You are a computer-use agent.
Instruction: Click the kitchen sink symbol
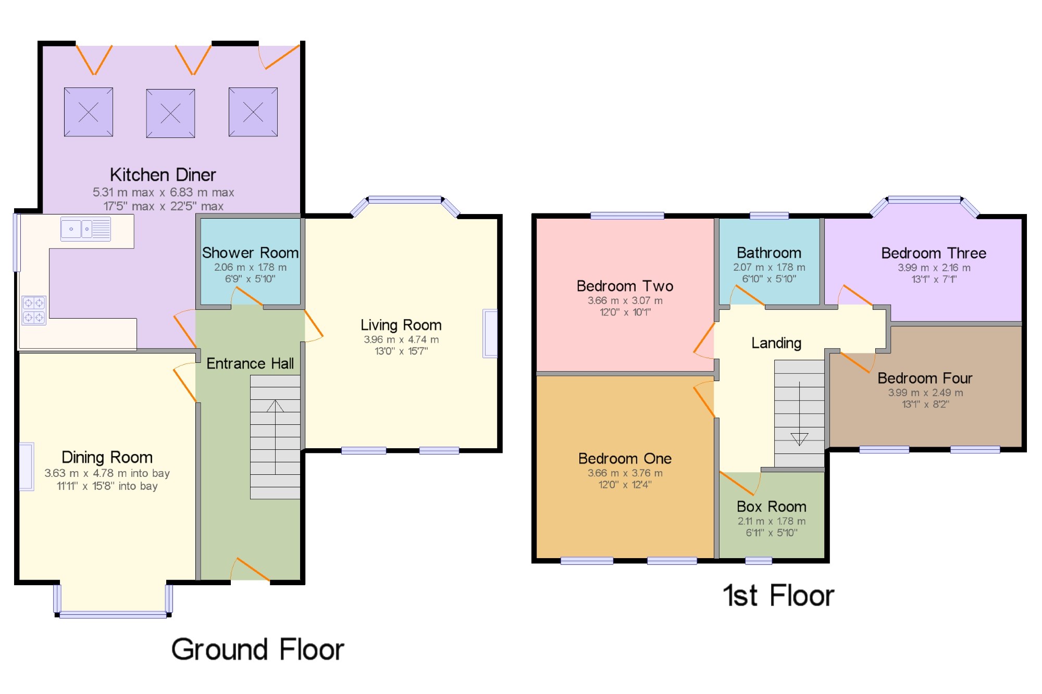86,229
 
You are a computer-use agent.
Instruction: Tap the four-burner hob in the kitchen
34,310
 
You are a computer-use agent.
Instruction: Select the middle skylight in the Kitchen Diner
170,113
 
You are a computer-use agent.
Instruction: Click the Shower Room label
250,253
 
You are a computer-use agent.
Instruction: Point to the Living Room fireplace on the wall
490,333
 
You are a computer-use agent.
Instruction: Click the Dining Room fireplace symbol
27,466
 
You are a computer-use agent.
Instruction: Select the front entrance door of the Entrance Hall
250,569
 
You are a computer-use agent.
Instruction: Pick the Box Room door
739,483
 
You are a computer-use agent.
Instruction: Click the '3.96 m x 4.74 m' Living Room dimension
401,339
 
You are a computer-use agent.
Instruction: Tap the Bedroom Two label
625,286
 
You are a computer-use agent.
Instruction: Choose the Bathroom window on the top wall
769,216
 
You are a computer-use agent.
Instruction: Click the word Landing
776,343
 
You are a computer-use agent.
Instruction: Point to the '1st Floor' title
778,595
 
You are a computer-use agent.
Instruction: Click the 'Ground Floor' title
258,649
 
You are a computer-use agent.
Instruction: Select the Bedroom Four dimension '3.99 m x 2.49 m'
925,393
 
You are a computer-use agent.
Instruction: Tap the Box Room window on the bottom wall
759,561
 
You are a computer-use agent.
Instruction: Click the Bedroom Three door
854,295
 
